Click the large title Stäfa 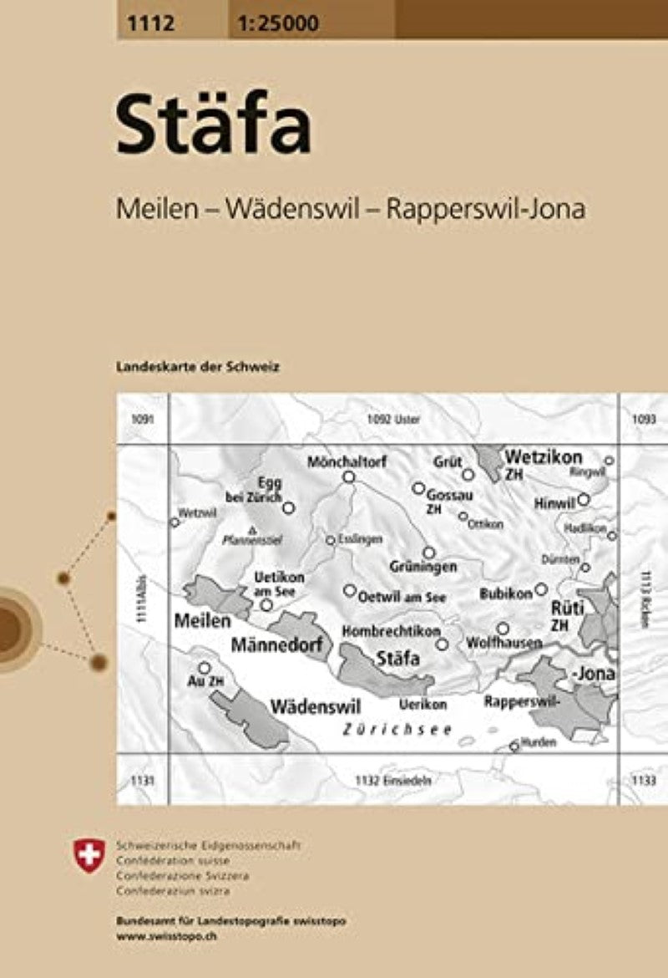click(x=214, y=127)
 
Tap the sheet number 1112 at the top click(x=146, y=23)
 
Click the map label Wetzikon click(x=543, y=457)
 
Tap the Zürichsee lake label click(x=397, y=729)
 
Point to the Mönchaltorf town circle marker click(x=349, y=477)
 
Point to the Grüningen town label click(x=423, y=567)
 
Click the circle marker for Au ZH click(x=203, y=667)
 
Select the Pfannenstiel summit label click(x=251, y=540)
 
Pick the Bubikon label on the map click(x=506, y=593)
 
